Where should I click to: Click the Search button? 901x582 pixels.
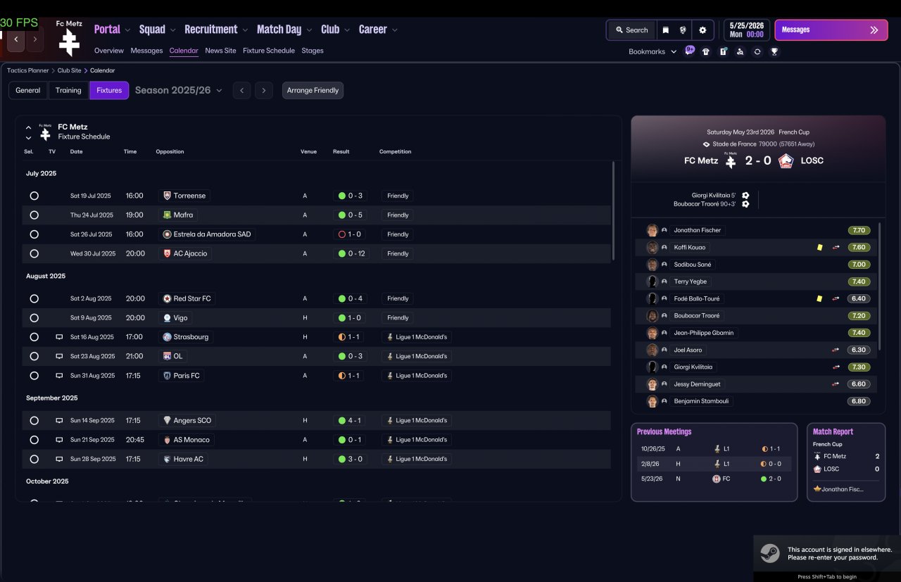click(x=632, y=30)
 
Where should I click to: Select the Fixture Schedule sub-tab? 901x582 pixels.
click(x=269, y=51)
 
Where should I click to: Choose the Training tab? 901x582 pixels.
click(x=68, y=90)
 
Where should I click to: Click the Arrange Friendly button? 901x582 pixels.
click(x=313, y=90)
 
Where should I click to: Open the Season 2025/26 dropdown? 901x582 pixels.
click(x=179, y=90)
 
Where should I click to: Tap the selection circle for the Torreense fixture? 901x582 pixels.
click(x=34, y=196)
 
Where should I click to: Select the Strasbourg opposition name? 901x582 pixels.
click(x=191, y=337)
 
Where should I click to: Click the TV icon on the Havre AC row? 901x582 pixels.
click(x=59, y=459)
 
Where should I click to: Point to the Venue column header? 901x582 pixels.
click(x=308, y=151)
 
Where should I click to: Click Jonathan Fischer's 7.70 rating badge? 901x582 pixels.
click(x=859, y=230)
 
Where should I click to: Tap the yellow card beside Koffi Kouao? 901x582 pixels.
click(x=820, y=247)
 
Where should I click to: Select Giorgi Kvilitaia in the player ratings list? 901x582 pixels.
click(x=693, y=367)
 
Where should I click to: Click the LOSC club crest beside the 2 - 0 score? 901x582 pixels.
click(x=786, y=161)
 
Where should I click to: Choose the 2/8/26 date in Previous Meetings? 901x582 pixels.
click(x=650, y=464)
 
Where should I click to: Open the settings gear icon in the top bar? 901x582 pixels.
click(x=702, y=30)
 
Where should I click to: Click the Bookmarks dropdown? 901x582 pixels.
click(x=652, y=51)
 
